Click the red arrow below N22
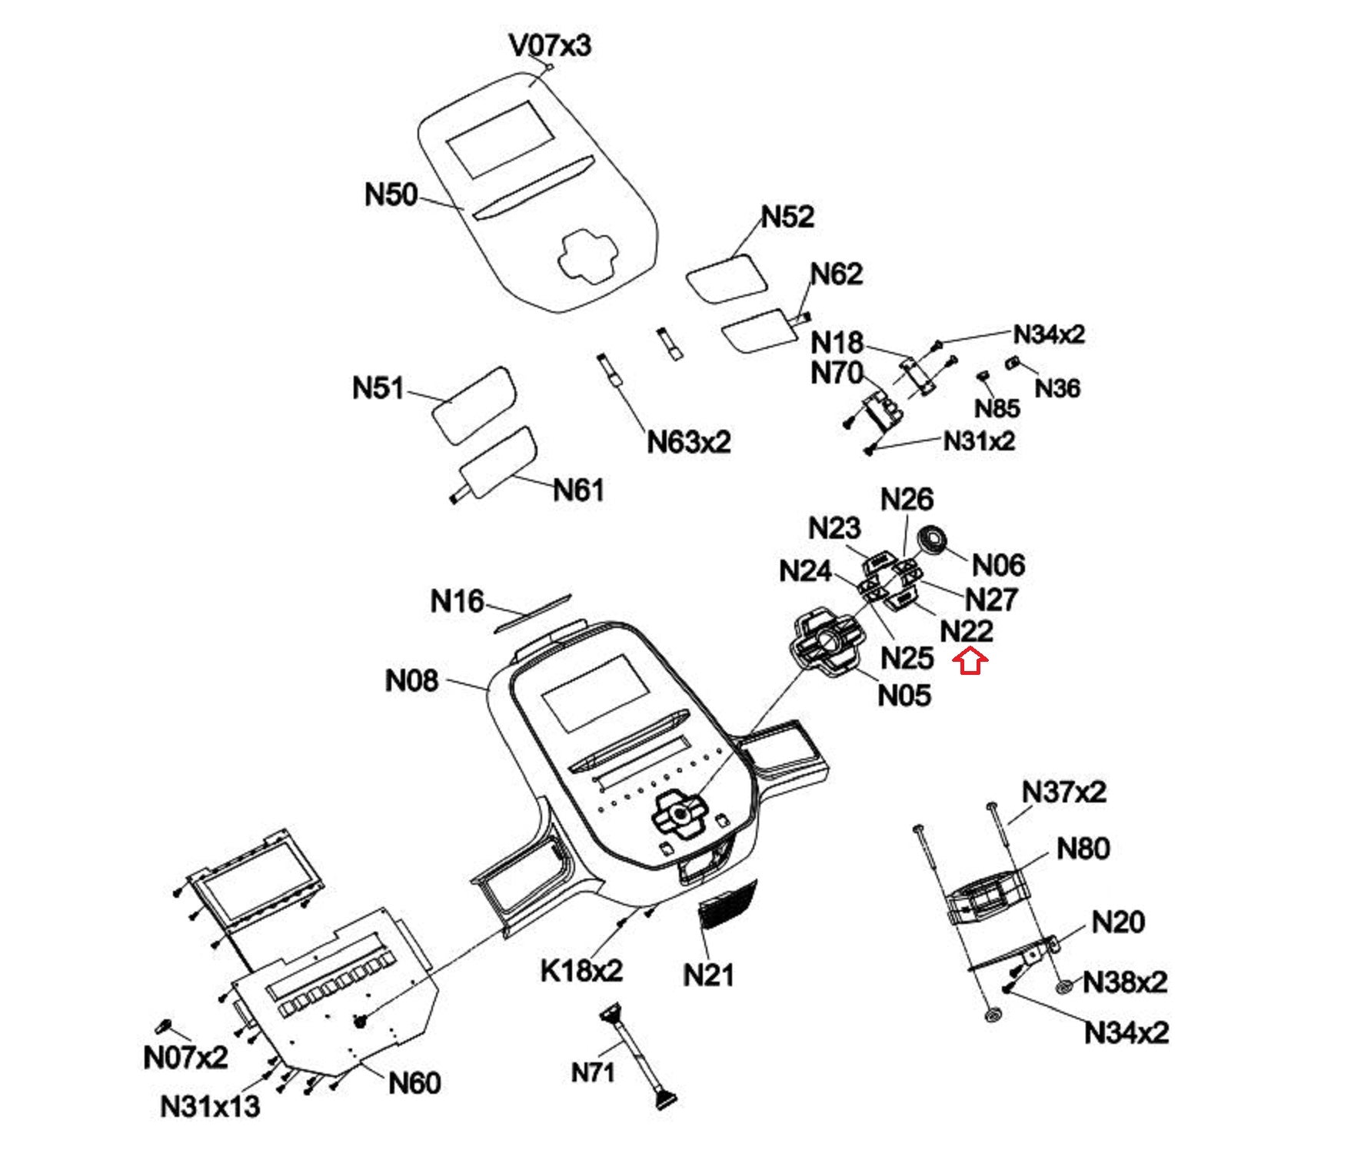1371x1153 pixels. tap(971, 661)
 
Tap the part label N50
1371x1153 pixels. tap(391, 194)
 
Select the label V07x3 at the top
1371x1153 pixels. tap(550, 45)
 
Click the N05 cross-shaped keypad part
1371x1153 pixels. tap(826, 643)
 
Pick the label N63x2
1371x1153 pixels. tap(688, 442)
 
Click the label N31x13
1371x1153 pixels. tap(210, 1107)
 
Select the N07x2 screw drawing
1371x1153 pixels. tap(163, 1026)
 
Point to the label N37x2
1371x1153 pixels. tap(1063, 792)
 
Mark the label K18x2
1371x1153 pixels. tap(581, 971)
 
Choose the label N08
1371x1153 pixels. tap(411, 680)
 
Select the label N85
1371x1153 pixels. tap(997, 408)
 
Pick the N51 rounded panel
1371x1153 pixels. tap(473, 404)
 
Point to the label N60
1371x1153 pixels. tap(414, 1083)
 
